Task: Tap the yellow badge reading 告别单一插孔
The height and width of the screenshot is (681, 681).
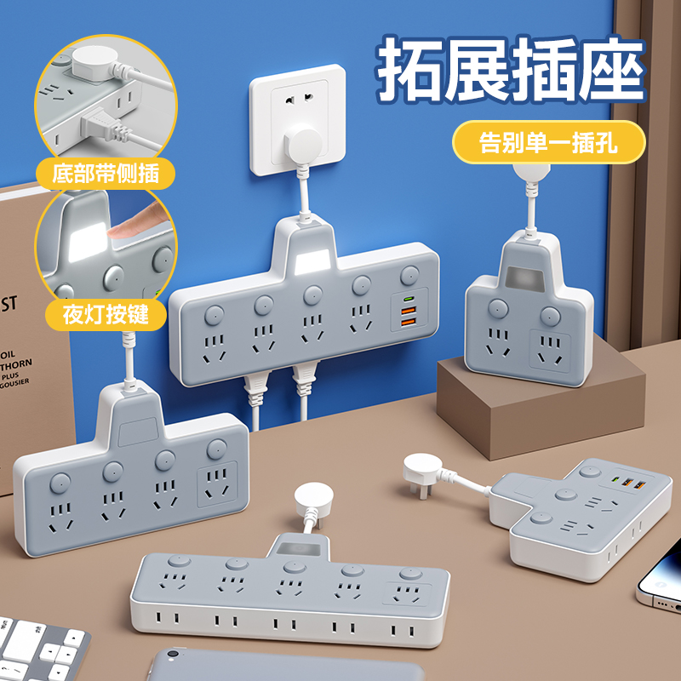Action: click(x=547, y=142)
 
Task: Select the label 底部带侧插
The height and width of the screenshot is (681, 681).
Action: click(x=106, y=175)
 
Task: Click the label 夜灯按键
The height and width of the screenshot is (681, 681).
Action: click(x=106, y=314)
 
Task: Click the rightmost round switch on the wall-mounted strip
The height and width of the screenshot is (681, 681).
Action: click(x=412, y=275)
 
